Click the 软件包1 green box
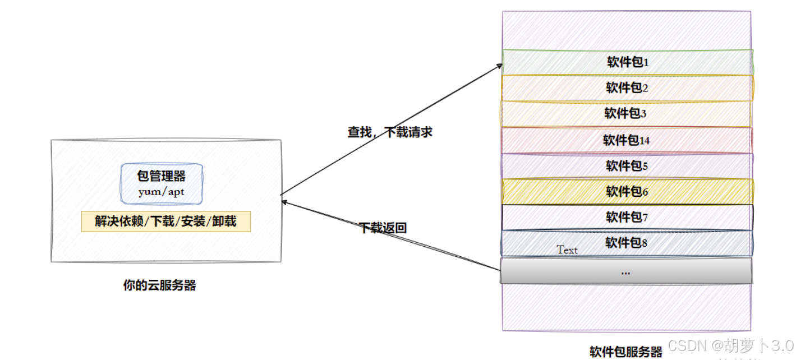(627, 62)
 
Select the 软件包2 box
(627, 88)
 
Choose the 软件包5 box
(627, 166)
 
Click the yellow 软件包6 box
(627, 192)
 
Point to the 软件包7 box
(627, 218)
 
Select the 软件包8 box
(627, 243)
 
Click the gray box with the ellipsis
(625, 271)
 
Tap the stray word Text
(567, 250)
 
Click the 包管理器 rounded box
(162, 183)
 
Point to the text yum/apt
(162, 192)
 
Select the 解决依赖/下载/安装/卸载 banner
(165, 221)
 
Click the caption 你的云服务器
(159, 285)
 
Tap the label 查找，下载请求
(390, 133)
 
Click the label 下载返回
(383, 228)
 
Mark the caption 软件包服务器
(626, 352)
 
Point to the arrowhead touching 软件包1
(500, 65)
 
